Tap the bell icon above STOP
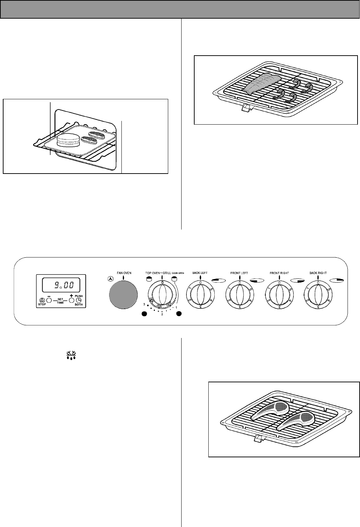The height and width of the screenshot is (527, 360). (42, 300)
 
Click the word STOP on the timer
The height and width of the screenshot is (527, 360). (42, 305)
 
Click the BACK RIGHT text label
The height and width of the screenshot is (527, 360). (318, 273)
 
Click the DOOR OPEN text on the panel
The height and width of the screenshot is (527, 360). (178, 273)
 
